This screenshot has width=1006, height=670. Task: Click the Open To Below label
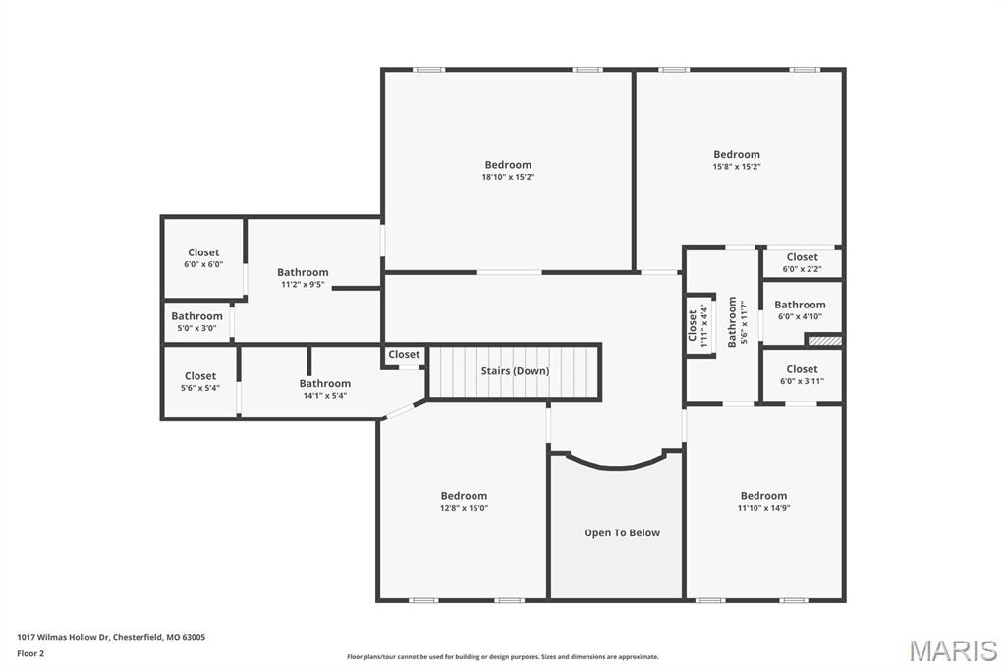tap(622, 533)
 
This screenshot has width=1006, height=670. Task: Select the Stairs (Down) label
tap(515, 371)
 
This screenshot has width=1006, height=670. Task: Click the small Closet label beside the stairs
tap(404, 355)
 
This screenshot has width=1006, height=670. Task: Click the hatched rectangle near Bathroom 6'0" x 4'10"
tap(823, 340)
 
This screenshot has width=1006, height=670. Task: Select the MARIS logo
tap(952, 650)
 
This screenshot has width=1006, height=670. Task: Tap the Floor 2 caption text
tap(30, 653)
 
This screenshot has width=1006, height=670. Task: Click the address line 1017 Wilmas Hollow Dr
tap(111, 637)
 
